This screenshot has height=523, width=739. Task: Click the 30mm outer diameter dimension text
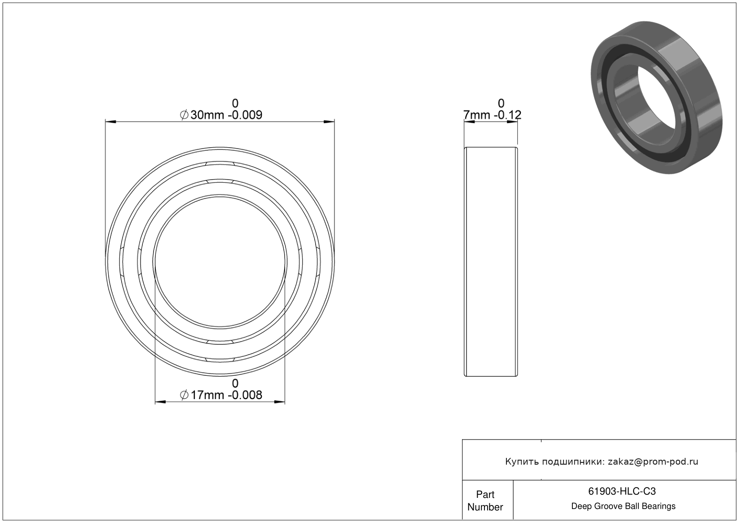tap(207, 115)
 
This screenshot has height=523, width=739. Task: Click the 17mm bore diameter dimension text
tap(207, 395)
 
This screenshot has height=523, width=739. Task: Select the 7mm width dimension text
tap(477, 115)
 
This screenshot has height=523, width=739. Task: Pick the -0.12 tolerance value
tap(507, 115)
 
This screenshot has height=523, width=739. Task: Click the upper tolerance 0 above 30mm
tap(235, 103)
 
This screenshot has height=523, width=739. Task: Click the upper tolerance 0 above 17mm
tap(235, 383)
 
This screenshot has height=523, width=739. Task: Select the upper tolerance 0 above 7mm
tap(501, 103)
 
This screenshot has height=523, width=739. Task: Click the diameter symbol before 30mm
tap(184, 115)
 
